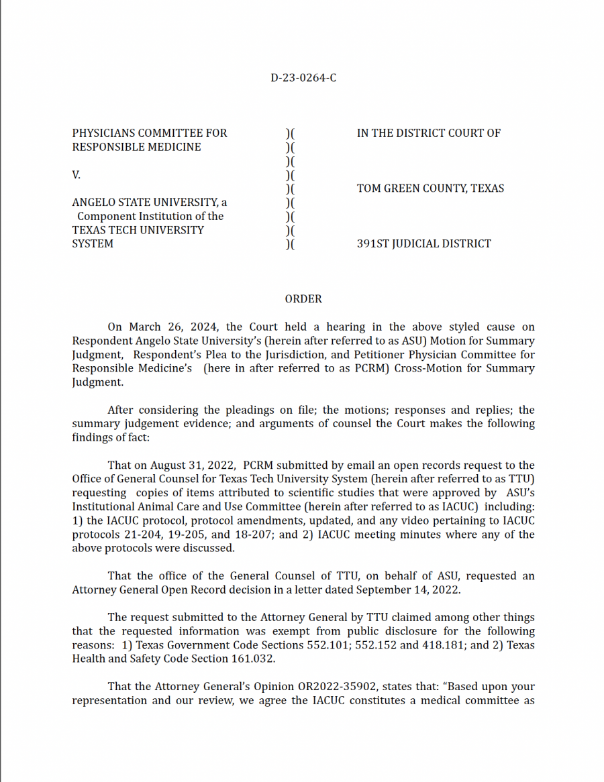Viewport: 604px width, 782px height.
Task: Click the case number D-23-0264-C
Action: [x=303, y=78]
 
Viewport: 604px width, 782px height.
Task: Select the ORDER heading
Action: [x=303, y=299]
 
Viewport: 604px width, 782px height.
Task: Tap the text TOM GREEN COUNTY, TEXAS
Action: [x=430, y=188]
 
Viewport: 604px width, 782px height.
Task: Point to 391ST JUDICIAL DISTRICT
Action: [x=423, y=244]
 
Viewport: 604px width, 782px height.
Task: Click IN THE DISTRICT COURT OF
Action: [x=428, y=133]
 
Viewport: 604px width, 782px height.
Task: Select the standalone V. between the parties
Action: [x=77, y=175]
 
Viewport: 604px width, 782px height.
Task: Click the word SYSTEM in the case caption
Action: [x=93, y=244]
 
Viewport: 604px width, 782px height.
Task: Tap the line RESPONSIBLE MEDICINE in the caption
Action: [x=136, y=147]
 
